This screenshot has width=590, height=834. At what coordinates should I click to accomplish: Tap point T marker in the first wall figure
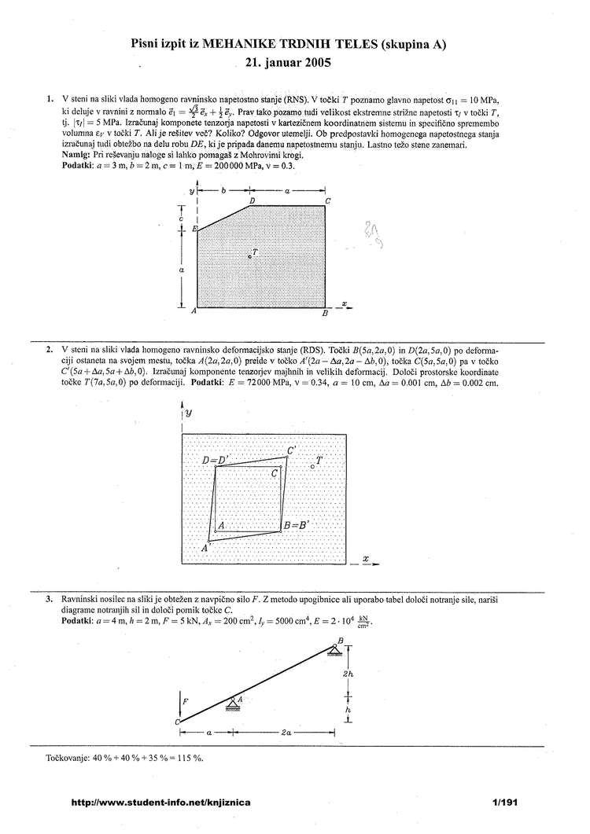click(249, 256)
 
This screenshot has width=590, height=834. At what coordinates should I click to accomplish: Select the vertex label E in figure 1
click(194, 228)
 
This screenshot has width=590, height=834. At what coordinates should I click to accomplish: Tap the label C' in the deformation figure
click(292, 450)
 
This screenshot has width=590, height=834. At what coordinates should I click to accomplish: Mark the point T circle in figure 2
click(312, 466)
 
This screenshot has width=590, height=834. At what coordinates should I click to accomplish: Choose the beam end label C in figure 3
click(178, 722)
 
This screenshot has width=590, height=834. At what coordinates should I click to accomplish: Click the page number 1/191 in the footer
click(502, 803)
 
